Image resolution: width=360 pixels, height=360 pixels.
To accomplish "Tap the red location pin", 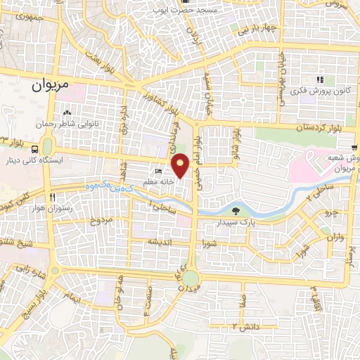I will click(x=181, y=165).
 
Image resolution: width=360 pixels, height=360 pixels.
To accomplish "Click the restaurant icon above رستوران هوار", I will click(x=52, y=197).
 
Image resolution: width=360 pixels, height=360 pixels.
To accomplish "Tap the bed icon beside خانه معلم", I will click(x=158, y=172).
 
